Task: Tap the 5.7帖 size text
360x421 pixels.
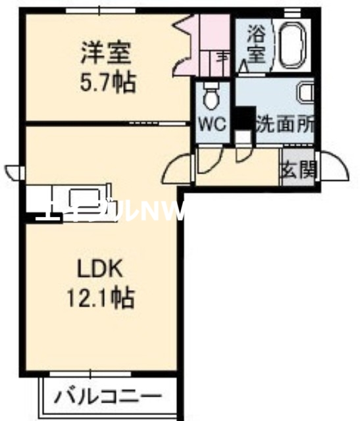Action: (x=106, y=84)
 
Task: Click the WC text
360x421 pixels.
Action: (x=213, y=123)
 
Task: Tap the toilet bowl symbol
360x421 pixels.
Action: (x=212, y=97)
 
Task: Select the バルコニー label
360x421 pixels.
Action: (x=107, y=397)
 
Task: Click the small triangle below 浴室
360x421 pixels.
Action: (x=244, y=66)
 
